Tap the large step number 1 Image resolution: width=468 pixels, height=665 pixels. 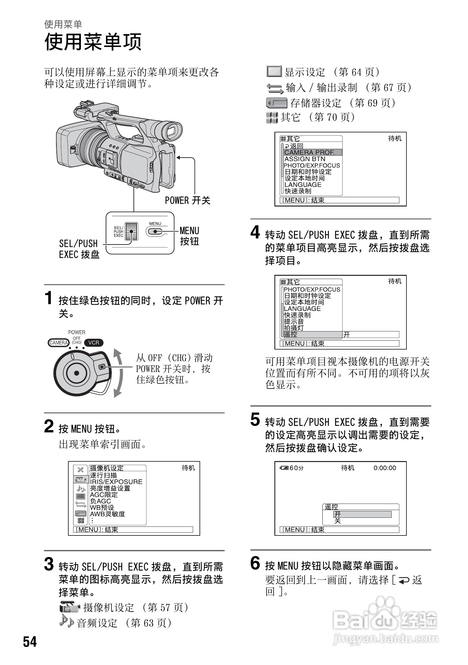(49, 298)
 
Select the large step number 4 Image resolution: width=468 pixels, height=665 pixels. (255, 232)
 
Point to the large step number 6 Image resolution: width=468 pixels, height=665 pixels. (255, 564)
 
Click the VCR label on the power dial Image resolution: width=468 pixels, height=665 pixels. (94, 342)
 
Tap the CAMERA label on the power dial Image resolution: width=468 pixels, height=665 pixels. (58, 342)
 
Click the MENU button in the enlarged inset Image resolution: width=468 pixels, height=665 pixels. (155, 231)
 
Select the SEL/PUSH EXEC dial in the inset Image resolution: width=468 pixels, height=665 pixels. (131, 231)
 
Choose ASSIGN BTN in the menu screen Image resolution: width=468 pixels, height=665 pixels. (305, 159)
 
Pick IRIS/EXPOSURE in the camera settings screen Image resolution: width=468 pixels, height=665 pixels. (116, 482)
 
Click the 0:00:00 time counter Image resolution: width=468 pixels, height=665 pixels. (385, 468)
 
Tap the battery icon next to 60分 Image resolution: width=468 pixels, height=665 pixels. (284, 468)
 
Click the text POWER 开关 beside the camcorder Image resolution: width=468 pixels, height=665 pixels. (188, 200)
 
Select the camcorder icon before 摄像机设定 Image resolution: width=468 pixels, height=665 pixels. (69, 607)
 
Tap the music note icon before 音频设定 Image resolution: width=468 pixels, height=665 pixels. (67, 622)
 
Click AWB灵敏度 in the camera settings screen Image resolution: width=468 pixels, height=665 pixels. (107, 514)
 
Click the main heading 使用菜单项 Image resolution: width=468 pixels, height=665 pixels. (93, 42)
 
